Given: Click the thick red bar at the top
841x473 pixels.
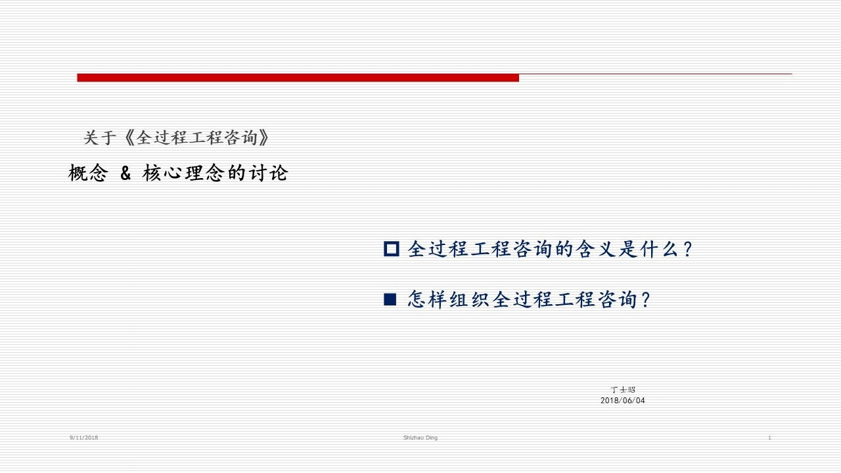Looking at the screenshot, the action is tap(298, 78).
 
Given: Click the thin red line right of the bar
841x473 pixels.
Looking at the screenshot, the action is tap(656, 74).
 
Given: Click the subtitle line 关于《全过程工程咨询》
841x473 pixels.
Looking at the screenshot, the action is tap(176, 138).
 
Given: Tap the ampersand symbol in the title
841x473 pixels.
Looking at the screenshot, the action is tap(125, 173).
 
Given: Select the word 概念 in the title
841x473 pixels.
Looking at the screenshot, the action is tap(88, 173).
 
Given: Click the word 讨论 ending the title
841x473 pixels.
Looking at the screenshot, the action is tap(268, 173).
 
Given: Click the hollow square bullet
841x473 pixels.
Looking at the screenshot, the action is tap(391, 249).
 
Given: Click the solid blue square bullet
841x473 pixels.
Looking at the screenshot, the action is tap(390, 299).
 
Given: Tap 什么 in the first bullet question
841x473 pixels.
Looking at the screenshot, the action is tap(659, 249).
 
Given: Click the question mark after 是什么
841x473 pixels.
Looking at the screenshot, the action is tap(688, 249).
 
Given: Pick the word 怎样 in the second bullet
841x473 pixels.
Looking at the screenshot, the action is tap(428, 300).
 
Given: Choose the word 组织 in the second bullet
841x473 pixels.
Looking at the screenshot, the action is tap(470, 300).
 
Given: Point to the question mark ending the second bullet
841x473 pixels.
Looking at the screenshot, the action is tap(646, 300).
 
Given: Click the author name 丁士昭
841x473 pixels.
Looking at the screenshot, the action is tap(622, 390).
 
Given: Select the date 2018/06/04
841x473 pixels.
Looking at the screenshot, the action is tap(622, 401).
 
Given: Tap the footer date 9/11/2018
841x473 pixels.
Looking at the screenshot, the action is tap(83, 438).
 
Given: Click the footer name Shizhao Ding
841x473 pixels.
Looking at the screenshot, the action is tap(420, 438).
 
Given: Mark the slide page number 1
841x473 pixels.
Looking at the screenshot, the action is tap(769, 438).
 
